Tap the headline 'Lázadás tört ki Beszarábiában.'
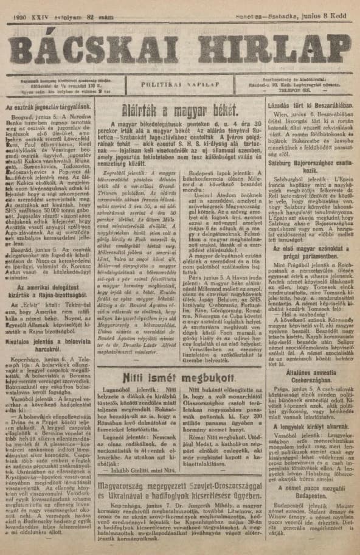[x=308, y=105]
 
